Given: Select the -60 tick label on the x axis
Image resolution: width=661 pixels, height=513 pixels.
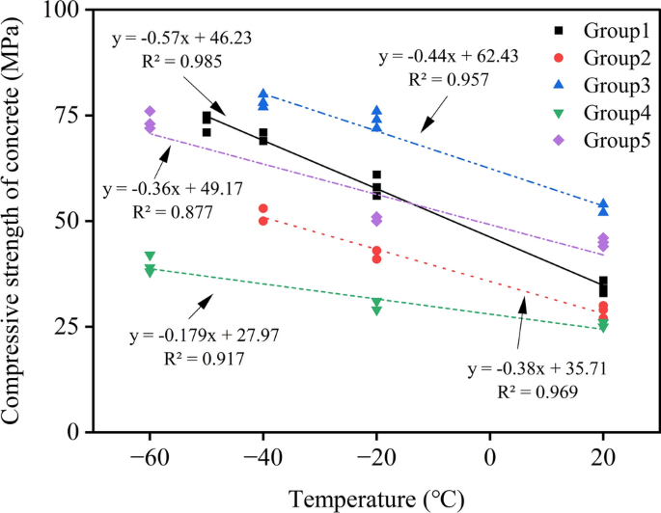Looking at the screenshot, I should pyautogui.click(x=150, y=458).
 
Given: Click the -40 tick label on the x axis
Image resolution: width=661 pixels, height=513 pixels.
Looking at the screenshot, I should pyautogui.click(x=262, y=458).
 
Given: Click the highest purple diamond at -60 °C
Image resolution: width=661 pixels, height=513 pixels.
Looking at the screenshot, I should pyautogui.click(x=150, y=112).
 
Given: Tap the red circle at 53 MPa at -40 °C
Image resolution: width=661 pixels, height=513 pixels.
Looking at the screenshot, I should pyautogui.click(x=262, y=208).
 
